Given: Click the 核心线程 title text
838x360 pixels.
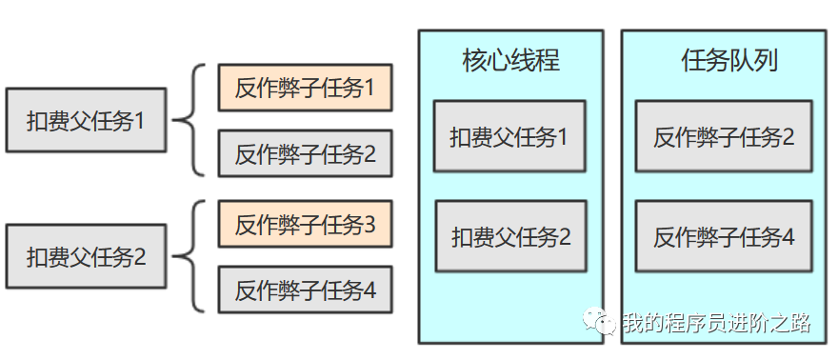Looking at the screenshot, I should [510, 61].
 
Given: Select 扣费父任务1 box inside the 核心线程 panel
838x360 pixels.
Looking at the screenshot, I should [509, 136].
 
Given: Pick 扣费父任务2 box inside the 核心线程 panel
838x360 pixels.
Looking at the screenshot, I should [510, 236].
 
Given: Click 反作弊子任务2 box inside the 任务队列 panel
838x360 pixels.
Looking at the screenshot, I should [724, 136].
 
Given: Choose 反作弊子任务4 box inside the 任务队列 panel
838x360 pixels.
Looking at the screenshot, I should [724, 236].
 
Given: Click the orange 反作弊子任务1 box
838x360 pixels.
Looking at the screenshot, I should [305, 88].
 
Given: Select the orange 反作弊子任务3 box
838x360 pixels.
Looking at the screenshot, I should [305, 225].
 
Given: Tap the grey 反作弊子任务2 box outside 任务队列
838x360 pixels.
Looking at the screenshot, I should [305, 153].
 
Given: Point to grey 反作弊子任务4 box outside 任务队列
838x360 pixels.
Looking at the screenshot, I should [305, 290].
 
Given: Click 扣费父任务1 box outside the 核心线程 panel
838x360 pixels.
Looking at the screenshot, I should [86, 121].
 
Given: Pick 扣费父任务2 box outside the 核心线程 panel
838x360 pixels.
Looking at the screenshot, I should [86, 256].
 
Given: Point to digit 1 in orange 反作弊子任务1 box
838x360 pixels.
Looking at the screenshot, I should [369, 89].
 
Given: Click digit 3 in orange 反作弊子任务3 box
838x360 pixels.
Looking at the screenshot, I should [369, 226].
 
